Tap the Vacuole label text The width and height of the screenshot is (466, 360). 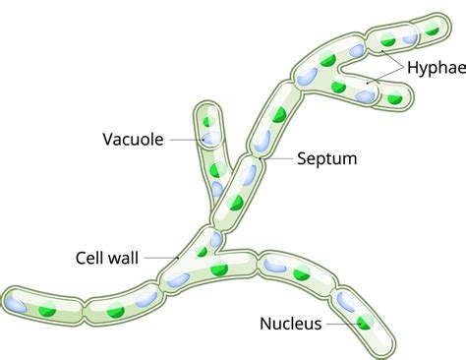pos(133,139)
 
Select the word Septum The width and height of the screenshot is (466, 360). pos(325,157)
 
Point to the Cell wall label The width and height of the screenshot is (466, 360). pos(109,258)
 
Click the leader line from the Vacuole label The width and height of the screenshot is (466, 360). pos(187,140)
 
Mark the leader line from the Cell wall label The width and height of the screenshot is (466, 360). pos(162,258)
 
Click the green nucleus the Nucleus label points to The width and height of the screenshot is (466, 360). pos(365,323)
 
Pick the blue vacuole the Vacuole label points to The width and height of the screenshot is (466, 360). pos(209,140)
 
